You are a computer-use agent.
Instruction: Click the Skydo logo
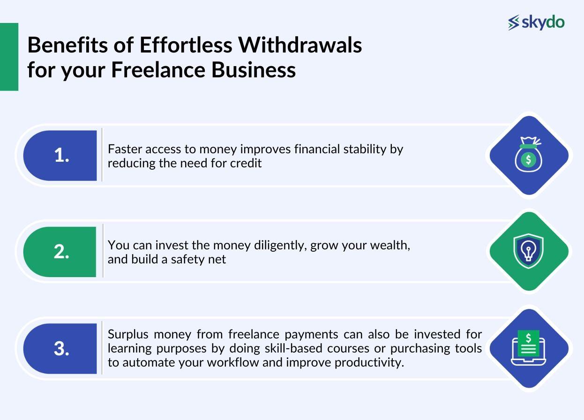(x=536, y=22)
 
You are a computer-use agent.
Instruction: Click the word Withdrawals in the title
(x=300, y=45)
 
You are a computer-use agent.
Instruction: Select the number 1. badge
(x=61, y=155)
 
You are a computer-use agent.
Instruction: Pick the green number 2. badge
(x=61, y=252)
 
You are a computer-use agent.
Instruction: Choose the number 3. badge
(x=61, y=348)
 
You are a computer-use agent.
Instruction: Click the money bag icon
(x=528, y=155)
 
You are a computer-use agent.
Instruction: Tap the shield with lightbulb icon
(x=528, y=251)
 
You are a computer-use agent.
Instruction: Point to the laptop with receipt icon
(x=528, y=348)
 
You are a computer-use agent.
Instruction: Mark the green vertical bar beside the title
(x=9, y=57)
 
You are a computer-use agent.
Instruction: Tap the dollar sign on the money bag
(x=528, y=160)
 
